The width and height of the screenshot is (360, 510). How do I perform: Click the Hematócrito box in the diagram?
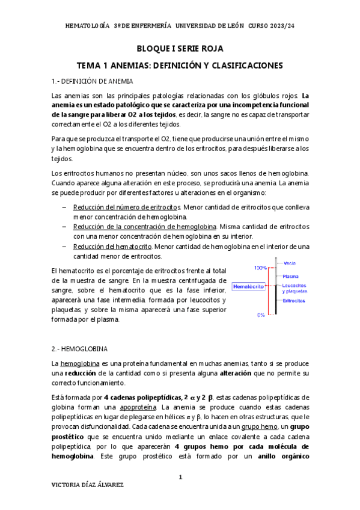[248, 287]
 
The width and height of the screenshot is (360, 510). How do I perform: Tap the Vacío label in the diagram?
[290, 263]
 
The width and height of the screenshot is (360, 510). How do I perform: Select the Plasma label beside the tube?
[291, 276]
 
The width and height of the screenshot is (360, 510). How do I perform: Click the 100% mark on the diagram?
[260, 267]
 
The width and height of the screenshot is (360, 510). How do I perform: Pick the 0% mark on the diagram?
[261, 315]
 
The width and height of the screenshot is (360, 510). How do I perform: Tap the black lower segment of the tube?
[275, 304]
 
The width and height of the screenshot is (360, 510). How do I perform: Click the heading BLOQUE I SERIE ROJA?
[180, 49]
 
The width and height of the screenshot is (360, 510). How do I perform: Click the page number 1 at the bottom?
[180, 477]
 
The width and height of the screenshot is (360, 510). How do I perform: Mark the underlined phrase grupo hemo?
[250, 426]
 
